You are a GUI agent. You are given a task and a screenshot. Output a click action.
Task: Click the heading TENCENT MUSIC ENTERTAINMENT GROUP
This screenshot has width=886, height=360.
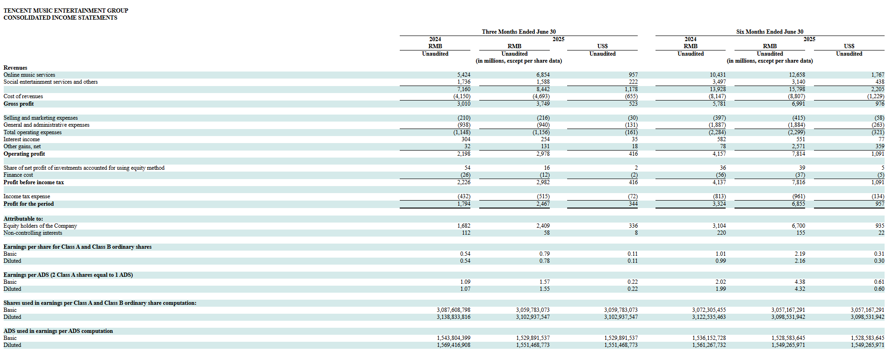click(x=66, y=10)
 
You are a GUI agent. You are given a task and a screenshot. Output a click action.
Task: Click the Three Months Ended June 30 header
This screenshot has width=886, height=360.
click(x=519, y=32)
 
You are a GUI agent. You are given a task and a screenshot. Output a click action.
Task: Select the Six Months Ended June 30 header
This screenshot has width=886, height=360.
click(x=770, y=32)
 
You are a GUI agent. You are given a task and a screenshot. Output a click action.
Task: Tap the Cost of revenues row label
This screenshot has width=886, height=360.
click(x=23, y=96)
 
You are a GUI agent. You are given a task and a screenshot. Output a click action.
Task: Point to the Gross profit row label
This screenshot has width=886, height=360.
click(x=19, y=104)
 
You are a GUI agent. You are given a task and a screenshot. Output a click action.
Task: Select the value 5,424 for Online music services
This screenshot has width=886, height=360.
click(x=464, y=75)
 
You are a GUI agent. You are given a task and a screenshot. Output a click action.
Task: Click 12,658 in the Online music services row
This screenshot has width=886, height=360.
click(x=797, y=75)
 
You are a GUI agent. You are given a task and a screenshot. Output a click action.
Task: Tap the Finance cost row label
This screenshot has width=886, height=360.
click(x=18, y=175)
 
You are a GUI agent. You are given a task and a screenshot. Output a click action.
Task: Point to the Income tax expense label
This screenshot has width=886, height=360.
click(x=27, y=196)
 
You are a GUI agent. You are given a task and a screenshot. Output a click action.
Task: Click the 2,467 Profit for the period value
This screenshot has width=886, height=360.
click(x=543, y=204)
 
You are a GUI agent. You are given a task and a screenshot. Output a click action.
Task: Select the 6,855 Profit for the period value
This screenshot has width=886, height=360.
click(x=799, y=204)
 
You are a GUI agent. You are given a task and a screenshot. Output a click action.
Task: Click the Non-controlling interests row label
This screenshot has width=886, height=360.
click(x=33, y=233)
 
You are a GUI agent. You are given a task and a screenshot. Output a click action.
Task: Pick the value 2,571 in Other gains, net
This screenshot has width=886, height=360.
click(x=799, y=146)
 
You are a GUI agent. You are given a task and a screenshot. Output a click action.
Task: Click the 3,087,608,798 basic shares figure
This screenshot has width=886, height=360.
click(x=454, y=310)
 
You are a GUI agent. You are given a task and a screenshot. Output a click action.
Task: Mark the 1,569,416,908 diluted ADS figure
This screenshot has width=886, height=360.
click(x=454, y=345)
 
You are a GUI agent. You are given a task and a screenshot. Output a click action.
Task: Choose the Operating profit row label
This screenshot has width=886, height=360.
click(x=24, y=154)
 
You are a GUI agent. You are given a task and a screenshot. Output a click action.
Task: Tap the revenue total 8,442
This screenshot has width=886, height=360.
click(x=543, y=89)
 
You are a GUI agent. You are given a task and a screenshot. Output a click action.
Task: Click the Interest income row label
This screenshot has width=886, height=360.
click(x=22, y=139)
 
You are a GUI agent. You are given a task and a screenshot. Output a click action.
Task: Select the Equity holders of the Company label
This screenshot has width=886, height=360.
click(x=40, y=226)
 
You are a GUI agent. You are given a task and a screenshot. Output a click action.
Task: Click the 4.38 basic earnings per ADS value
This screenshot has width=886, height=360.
click(x=800, y=282)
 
